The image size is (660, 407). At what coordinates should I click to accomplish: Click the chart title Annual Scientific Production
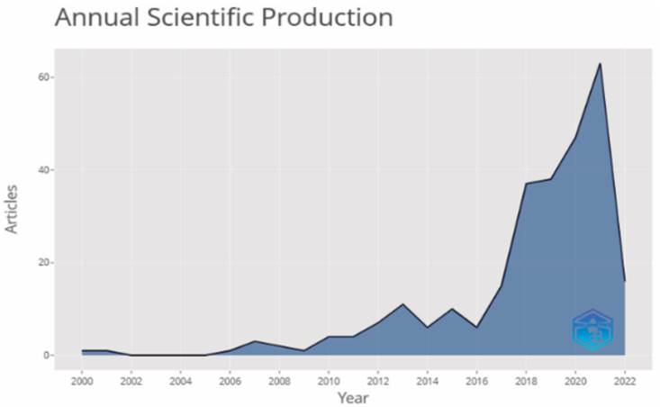[x=223, y=18]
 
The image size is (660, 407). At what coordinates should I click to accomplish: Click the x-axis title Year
[x=352, y=396]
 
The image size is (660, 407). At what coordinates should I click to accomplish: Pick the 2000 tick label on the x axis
[x=82, y=379]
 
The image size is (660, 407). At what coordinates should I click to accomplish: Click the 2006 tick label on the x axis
[x=230, y=379]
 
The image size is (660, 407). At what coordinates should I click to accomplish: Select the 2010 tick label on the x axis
[x=329, y=379]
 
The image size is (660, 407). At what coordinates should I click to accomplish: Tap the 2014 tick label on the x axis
[x=427, y=379]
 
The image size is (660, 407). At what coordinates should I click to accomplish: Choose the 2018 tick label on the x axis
[x=526, y=379]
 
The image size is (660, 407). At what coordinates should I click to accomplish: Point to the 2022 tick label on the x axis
[x=624, y=379]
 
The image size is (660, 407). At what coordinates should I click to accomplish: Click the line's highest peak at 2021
[x=600, y=64]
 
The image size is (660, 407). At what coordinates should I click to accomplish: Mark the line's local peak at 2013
[x=402, y=304]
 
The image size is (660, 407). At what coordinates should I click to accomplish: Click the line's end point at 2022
[x=624, y=281]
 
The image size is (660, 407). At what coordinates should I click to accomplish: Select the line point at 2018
[x=526, y=184]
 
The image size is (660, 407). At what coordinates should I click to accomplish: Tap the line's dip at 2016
[x=476, y=328]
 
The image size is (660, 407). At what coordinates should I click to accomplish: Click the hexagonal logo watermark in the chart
[x=592, y=330]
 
